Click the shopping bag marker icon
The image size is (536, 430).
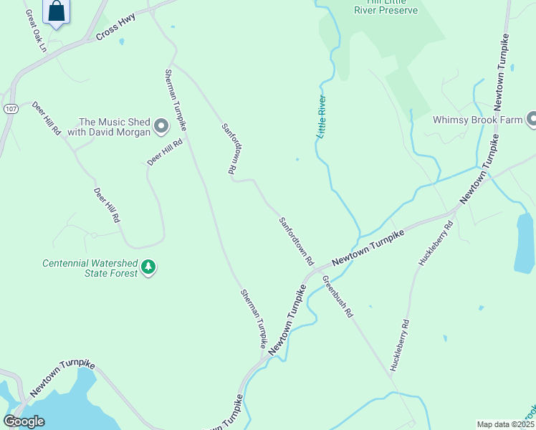(x=56, y=11)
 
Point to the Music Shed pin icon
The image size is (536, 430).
(x=161, y=127)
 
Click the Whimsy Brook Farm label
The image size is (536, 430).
(x=477, y=120)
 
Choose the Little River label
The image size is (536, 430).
(x=322, y=116)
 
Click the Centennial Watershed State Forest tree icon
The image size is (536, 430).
(x=148, y=268)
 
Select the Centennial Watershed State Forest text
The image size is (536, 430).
(x=90, y=268)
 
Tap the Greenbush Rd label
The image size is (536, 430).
(x=338, y=297)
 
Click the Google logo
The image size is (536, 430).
(x=24, y=421)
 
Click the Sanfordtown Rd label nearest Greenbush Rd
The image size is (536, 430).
(x=297, y=242)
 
